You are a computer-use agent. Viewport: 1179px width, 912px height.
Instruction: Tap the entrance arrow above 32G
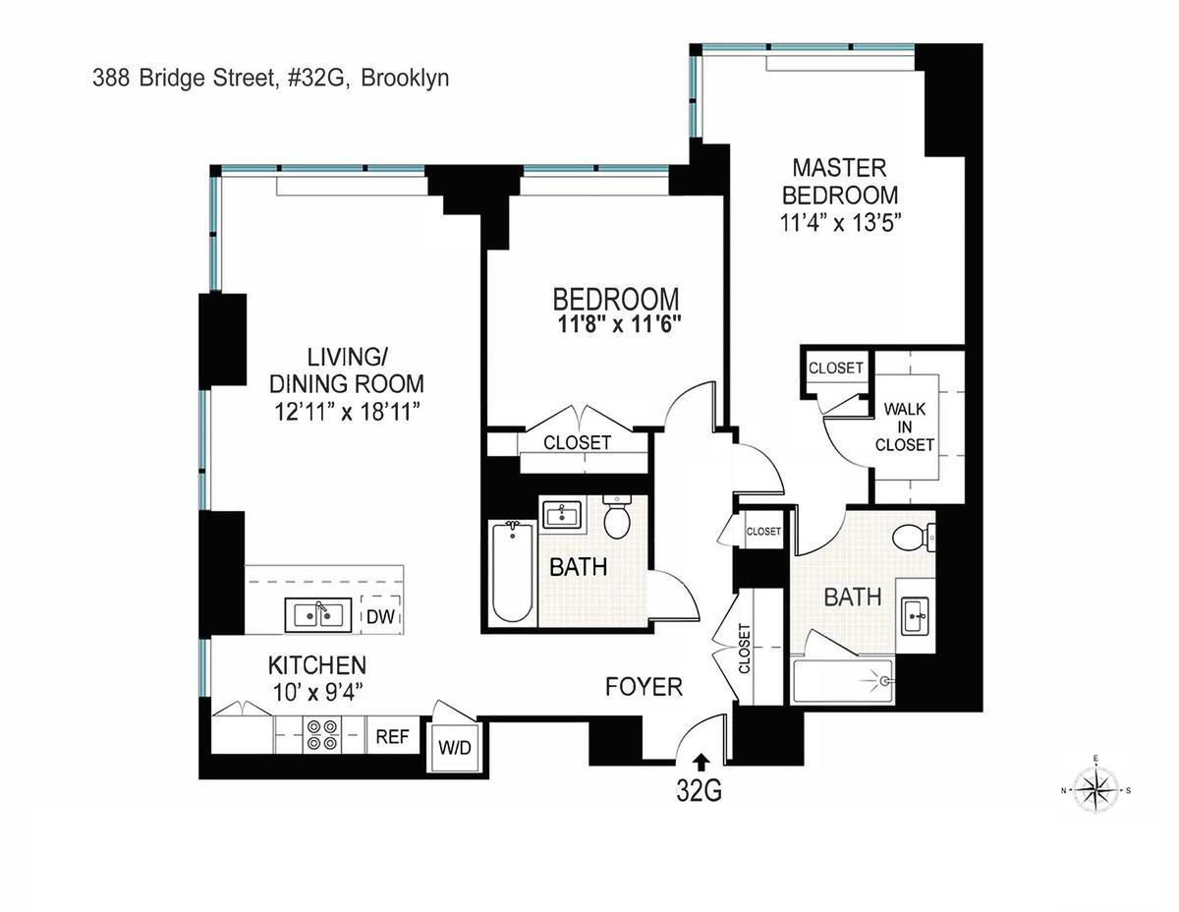(701, 760)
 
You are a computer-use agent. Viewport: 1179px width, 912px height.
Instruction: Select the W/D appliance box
(454, 748)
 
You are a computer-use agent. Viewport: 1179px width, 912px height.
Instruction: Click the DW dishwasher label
(381, 616)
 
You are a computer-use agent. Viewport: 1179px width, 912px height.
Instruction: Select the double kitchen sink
(315, 615)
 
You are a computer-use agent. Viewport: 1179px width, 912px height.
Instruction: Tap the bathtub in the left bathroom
(512, 572)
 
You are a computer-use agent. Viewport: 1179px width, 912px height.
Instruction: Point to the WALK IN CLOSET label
(905, 427)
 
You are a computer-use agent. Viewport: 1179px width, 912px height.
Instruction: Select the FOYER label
(644, 687)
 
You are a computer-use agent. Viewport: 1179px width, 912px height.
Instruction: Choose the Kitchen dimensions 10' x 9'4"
(317, 692)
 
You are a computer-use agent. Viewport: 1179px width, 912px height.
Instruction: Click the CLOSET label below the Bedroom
(577, 443)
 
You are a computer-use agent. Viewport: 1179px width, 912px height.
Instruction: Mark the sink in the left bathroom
(561, 513)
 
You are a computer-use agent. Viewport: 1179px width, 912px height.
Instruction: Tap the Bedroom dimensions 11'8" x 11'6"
(615, 324)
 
